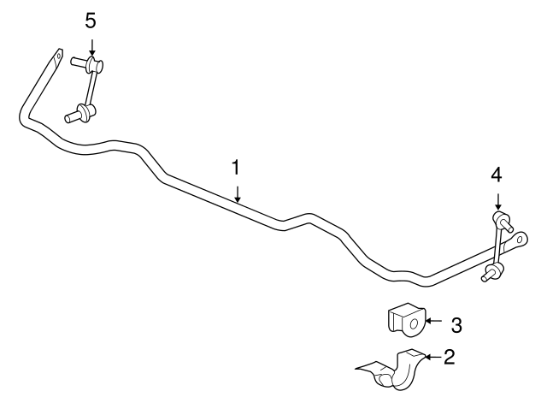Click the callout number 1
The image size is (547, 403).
(x=236, y=168)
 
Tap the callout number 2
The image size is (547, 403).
(x=450, y=357)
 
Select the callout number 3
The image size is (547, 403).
(x=456, y=325)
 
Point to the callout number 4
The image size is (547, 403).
(x=497, y=175)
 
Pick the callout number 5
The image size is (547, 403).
(x=91, y=21)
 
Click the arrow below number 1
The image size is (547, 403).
(x=238, y=194)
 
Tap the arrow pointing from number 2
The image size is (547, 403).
(x=433, y=357)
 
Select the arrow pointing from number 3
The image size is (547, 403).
(x=433, y=321)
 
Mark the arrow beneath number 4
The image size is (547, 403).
(x=498, y=202)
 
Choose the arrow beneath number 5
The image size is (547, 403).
(x=91, y=47)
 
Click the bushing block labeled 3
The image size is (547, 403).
(x=406, y=320)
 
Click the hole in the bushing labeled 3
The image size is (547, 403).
(x=414, y=323)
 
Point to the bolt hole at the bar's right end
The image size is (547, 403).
(x=520, y=240)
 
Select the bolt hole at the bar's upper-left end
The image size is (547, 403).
(x=59, y=56)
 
